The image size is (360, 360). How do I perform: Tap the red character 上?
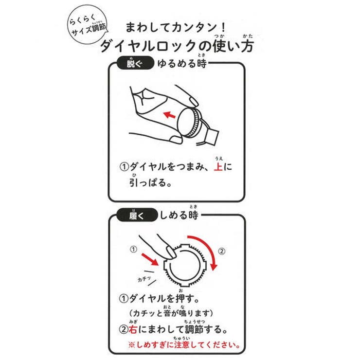pyautogui.click(x=218, y=167)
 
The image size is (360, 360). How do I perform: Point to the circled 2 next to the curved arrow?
pyautogui.click(x=221, y=252)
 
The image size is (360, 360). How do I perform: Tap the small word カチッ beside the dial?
pyautogui.click(x=144, y=279)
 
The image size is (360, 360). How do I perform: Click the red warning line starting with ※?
pyautogui.click(x=184, y=346)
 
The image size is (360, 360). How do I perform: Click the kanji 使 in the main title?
pyautogui.click(x=218, y=46)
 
